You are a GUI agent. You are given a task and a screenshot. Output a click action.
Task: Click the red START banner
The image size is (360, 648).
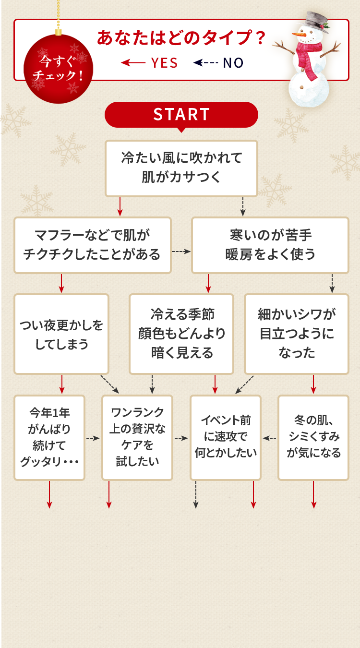pos(181,114)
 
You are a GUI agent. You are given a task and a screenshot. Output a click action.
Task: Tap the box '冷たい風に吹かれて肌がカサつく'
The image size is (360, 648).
pos(181,168)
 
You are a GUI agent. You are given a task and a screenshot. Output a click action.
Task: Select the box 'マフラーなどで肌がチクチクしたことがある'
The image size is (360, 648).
pos(92,245)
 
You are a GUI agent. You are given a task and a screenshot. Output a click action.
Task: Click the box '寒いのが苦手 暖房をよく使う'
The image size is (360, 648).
pos(270,245)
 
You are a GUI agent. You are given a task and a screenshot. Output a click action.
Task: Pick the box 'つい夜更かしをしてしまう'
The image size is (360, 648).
pos(61,334)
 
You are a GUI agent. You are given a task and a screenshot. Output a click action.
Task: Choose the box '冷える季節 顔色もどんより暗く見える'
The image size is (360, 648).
pos(181,334)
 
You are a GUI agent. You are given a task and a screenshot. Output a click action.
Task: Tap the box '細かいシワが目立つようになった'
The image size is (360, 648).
pos(297,334)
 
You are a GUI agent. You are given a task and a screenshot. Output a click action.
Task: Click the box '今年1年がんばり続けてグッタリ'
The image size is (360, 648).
pos(49,437)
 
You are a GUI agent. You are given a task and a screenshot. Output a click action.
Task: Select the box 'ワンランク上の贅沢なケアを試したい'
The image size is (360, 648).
pos(137,437)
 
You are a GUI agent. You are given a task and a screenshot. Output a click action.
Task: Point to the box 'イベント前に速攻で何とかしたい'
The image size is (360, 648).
pos(226,437)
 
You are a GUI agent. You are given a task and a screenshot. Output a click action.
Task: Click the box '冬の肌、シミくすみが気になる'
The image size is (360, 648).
pos(313,437)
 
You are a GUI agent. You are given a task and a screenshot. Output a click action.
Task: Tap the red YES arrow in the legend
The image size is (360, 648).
pos(132,63)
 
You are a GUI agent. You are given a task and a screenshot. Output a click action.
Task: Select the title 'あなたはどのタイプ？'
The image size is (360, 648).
pos(181,38)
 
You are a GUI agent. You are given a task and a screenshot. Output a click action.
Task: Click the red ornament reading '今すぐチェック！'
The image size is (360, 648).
pos(59,69)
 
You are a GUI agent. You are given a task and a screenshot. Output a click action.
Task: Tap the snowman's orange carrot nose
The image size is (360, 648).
pos(299,34)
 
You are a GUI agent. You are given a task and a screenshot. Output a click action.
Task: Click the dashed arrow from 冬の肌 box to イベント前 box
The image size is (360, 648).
pos(269,438)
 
